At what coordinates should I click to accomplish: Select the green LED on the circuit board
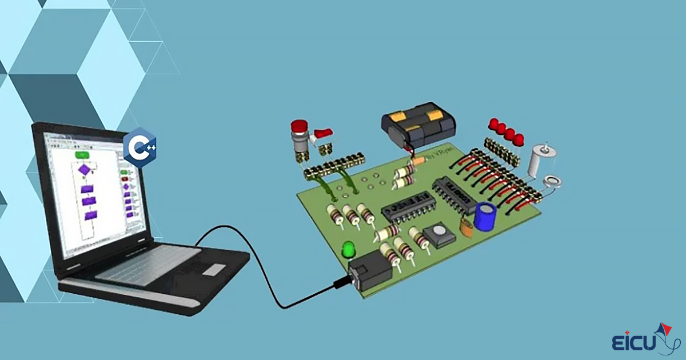click(348, 250)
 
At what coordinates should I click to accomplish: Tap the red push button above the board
click(299, 127)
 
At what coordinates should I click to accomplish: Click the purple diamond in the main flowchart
click(84, 170)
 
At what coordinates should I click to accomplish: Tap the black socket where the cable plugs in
click(370, 269)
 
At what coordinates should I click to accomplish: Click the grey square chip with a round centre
click(439, 235)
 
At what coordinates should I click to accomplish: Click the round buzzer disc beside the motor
click(552, 182)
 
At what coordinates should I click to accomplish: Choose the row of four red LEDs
click(506, 131)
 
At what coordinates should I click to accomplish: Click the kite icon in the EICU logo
click(663, 331)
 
